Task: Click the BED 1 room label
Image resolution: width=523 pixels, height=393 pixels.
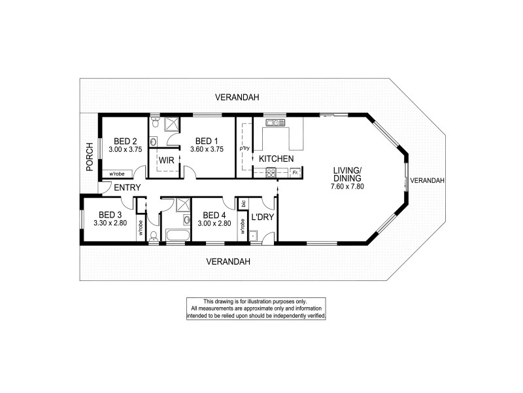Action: pos(206,141)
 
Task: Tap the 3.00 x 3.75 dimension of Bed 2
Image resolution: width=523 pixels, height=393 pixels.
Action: pos(125,150)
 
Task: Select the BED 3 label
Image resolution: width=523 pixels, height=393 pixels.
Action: pos(110,215)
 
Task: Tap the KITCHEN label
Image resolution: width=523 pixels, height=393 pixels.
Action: pos(276,159)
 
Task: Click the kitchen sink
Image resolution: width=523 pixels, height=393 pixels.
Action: pos(273,122)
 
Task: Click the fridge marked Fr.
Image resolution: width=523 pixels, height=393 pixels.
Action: pos(295,173)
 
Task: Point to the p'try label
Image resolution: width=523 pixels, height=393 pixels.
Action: pos(245,149)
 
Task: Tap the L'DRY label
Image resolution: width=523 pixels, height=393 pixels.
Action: pos(262,216)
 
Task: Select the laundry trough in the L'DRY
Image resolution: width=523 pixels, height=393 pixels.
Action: pos(254,235)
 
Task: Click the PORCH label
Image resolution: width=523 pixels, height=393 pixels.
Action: pos(90,158)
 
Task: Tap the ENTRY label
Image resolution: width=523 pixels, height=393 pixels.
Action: pos(127,188)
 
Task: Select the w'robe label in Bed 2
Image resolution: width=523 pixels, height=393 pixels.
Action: pos(117,174)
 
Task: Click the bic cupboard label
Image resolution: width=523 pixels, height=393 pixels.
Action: pos(243,204)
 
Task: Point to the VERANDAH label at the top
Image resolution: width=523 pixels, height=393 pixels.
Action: pos(237,98)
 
